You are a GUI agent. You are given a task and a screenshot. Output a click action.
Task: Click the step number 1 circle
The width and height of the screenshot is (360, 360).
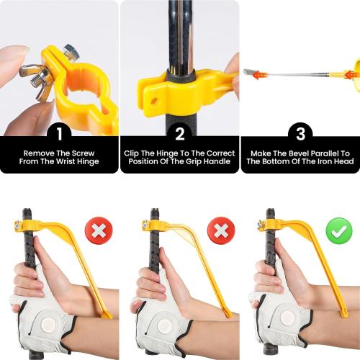pyautogui.click(x=59, y=132)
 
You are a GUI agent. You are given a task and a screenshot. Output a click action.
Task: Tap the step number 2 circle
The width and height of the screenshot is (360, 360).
pyautogui.click(x=180, y=132)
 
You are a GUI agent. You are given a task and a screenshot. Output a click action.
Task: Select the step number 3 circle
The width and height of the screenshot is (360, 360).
pyautogui.click(x=300, y=132)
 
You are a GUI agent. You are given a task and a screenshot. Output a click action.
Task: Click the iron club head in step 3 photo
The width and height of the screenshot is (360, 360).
pyautogui.click(x=250, y=72)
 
